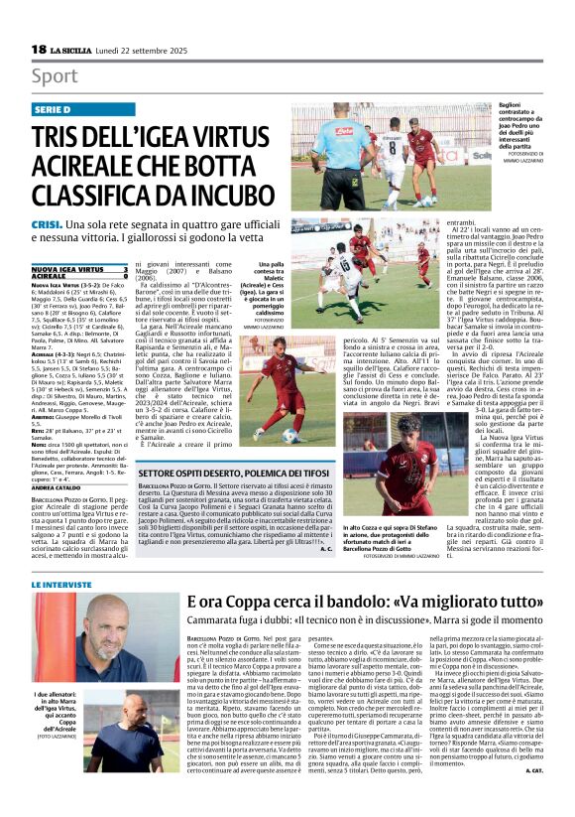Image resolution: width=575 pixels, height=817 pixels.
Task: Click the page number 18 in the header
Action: tap(39, 50)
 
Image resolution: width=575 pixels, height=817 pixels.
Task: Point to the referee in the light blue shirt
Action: tap(342, 152)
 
